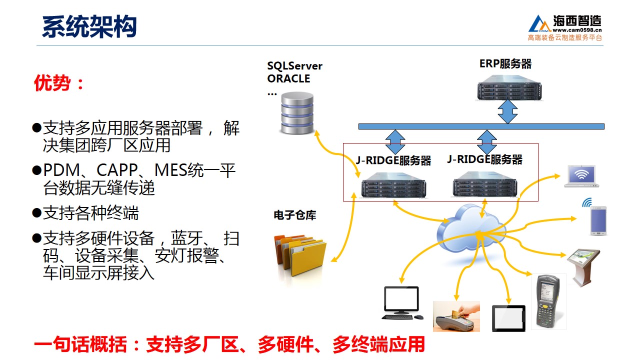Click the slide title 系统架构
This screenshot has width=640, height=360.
(x=89, y=26)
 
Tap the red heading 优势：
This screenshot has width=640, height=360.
(x=58, y=83)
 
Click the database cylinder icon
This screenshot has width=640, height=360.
(x=297, y=113)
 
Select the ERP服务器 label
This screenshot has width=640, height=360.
(x=505, y=63)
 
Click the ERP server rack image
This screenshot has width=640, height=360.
(x=509, y=87)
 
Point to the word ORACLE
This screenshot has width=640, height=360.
(x=288, y=78)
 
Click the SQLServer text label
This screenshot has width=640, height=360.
(x=294, y=66)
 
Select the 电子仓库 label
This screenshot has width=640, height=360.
(x=295, y=215)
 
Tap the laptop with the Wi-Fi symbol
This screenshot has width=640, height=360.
(x=581, y=176)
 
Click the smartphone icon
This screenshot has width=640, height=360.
(x=598, y=220)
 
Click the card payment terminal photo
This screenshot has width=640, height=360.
(x=456, y=316)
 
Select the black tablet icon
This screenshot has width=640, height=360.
(x=508, y=318)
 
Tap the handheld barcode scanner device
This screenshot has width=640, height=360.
(x=548, y=301)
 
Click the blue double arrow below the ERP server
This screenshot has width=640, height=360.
(x=507, y=111)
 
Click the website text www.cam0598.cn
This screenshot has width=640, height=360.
(x=577, y=30)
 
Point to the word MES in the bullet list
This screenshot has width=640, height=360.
(x=170, y=170)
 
